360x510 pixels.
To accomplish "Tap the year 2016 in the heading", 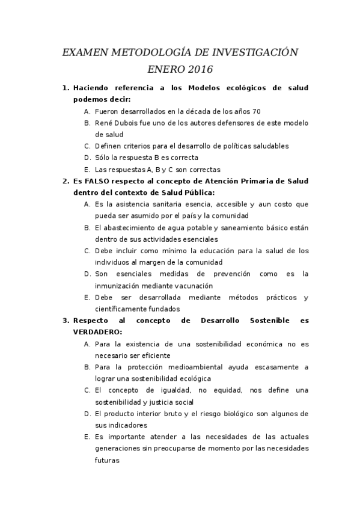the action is pos(200,70).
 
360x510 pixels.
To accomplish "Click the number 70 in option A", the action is pos(257,111).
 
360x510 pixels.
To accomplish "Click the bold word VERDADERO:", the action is pos(97,332).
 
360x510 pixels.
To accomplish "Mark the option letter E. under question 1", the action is pos(87,170).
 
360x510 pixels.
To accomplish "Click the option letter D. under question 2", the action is pos(87,274).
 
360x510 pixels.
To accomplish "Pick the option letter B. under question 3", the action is pos(87,367).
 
